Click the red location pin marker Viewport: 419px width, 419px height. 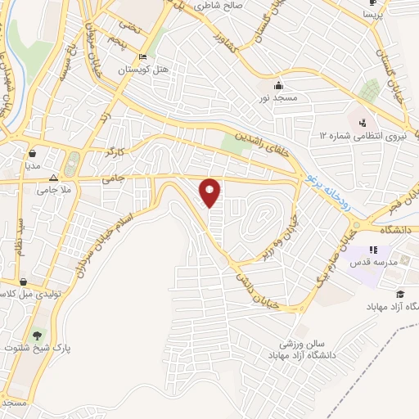click(x=211, y=192)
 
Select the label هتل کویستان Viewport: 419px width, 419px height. click(x=143, y=70)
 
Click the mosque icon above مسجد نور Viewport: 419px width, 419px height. click(x=278, y=85)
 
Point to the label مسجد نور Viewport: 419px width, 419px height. click(x=278, y=98)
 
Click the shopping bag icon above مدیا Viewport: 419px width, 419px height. click(x=32, y=152)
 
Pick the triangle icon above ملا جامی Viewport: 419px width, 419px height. click(x=53, y=177)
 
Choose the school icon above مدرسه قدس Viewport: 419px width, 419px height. click(x=373, y=250)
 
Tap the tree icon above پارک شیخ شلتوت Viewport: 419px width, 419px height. click(x=36, y=335)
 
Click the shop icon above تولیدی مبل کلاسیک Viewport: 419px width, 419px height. click(x=24, y=281)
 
